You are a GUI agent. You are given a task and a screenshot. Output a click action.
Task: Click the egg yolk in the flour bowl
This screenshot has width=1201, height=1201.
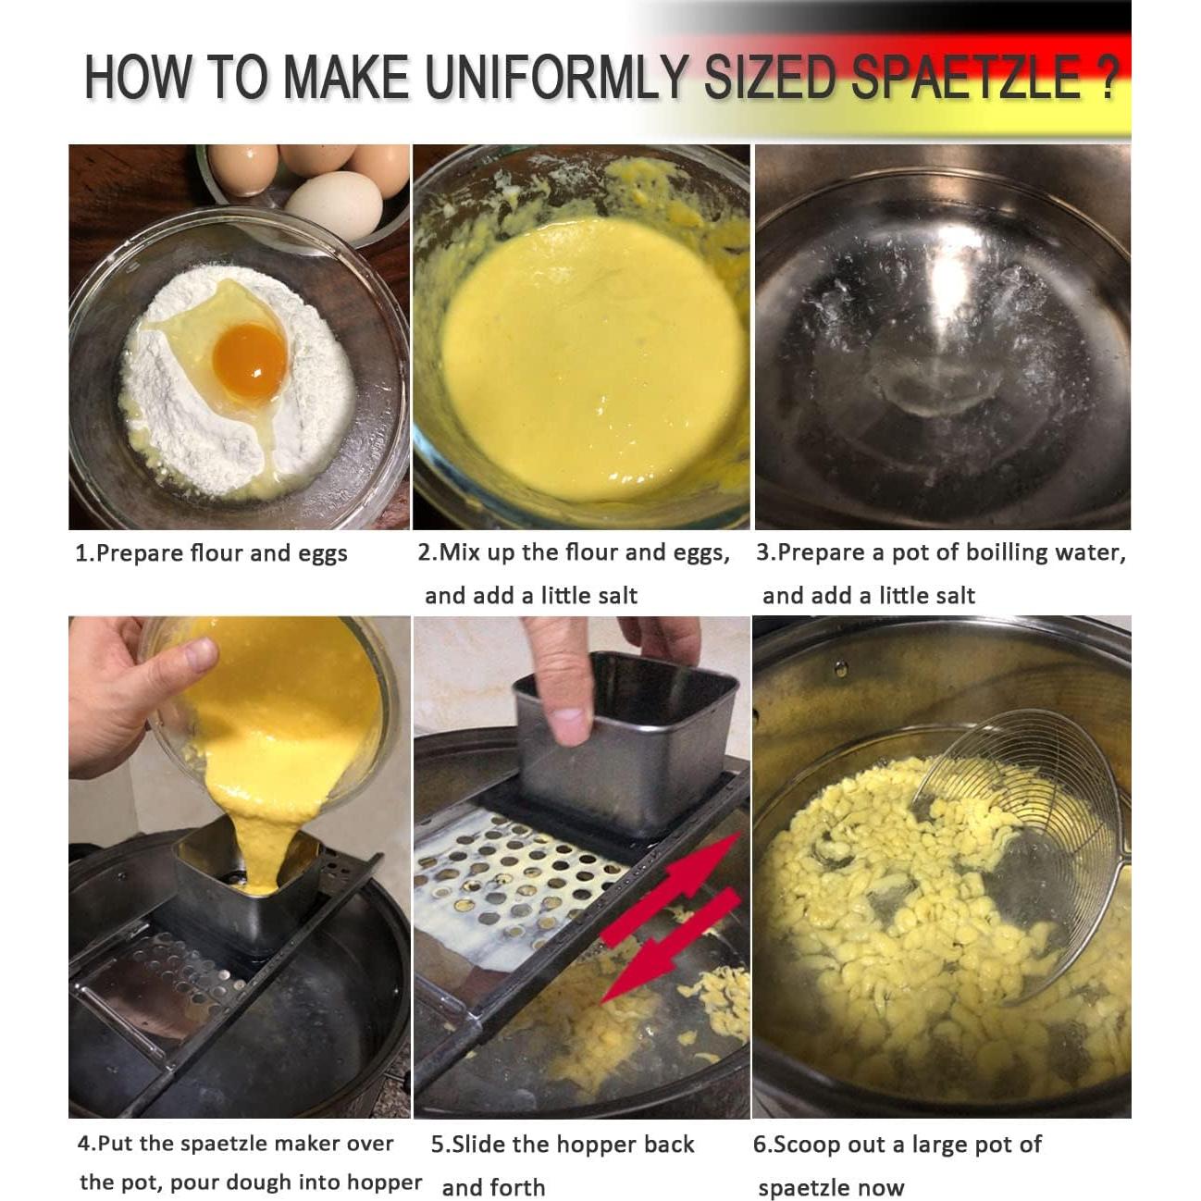249,355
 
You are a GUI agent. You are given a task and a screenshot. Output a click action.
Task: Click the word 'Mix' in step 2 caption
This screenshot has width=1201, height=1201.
460,552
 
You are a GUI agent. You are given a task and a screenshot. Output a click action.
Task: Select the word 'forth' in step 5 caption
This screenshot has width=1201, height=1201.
518,1187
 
